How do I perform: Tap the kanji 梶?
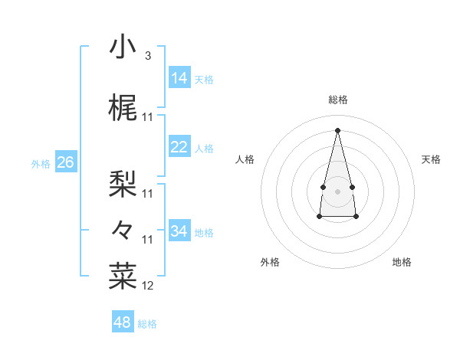(123, 109)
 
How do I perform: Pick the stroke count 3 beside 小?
(147, 56)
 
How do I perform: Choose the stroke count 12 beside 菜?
(149, 286)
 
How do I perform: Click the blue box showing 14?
(179, 77)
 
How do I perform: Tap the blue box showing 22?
(179, 147)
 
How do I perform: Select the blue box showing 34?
(179, 231)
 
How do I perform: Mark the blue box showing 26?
(65, 162)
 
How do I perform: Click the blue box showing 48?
(122, 322)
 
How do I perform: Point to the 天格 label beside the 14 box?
(204, 80)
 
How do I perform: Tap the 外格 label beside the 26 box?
(41, 164)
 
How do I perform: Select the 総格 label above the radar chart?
(337, 100)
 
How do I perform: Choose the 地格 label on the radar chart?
(402, 262)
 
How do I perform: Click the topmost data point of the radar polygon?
(337, 129)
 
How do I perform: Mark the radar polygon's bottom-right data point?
(356, 217)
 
